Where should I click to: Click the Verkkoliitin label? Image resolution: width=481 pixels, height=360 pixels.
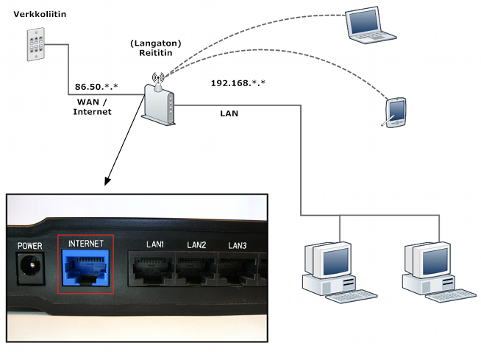click(x=36, y=13)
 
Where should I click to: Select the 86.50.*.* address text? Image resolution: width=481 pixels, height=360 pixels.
click(x=95, y=86)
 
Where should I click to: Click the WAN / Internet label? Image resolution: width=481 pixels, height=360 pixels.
click(x=93, y=106)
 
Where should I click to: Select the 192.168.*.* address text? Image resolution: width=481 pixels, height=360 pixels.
click(x=238, y=82)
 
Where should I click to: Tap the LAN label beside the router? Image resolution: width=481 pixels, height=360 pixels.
click(x=229, y=114)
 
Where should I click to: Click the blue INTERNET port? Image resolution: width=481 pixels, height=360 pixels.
click(x=85, y=266)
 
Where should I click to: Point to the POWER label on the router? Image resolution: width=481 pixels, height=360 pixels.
click(x=29, y=245)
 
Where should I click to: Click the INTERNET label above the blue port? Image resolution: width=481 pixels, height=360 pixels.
click(x=85, y=243)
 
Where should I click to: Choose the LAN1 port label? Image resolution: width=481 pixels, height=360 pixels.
click(x=154, y=244)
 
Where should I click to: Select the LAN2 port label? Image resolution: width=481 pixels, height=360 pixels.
click(x=196, y=244)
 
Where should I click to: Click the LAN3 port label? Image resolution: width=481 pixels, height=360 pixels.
click(x=237, y=245)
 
